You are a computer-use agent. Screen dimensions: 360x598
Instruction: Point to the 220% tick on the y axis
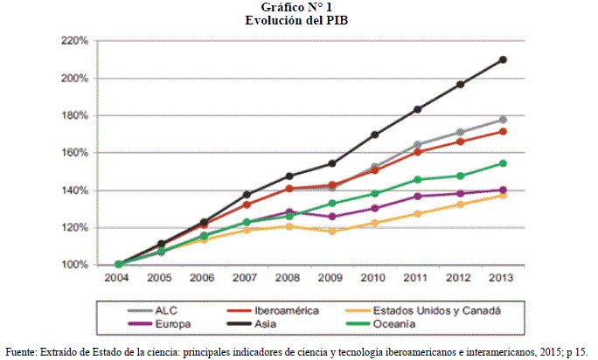click(74, 41)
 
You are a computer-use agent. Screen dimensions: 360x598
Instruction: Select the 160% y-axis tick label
click(74, 153)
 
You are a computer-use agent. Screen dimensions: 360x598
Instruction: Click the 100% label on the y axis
click(74, 265)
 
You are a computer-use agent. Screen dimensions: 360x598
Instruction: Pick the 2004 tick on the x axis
click(118, 280)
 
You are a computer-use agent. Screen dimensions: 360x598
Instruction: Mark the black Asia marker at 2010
click(375, 135)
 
